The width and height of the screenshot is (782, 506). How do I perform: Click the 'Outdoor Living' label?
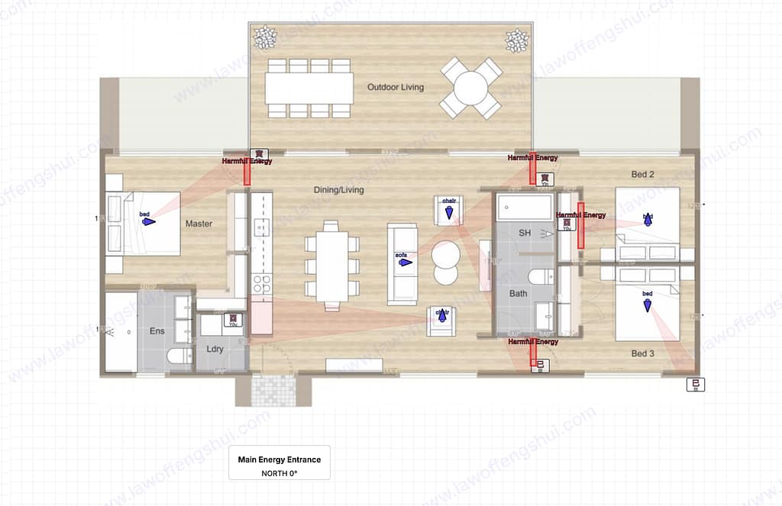[395, 87]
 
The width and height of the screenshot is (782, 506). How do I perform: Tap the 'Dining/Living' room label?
[338, 189]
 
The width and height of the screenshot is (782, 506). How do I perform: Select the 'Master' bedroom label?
[199, 224]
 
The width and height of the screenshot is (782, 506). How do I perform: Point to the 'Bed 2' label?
[642, 175]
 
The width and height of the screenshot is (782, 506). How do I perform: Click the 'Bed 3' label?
[642, 353]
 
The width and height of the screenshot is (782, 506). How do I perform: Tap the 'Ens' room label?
[157, 331]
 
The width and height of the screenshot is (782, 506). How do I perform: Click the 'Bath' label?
[518, 293]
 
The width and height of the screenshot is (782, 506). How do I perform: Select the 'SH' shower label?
[525, 232]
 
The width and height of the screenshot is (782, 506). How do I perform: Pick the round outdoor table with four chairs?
[470, 88]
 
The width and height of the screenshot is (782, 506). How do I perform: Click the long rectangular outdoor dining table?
[309, 88]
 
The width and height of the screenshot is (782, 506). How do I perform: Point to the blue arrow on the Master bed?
[147, 222]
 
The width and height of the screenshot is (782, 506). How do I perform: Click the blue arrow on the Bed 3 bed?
[648, 305]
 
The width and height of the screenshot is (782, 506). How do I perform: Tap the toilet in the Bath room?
[539, 276]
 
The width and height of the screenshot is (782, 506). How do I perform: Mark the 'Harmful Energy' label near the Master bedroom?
[247, 162]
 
